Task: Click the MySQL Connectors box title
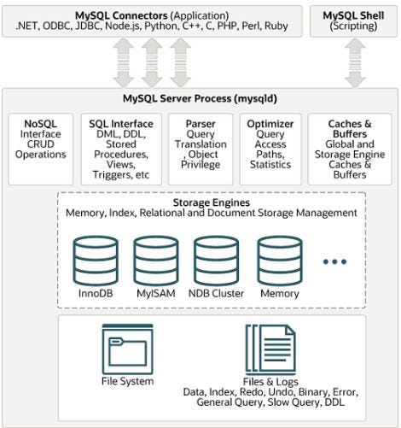coord(153,15)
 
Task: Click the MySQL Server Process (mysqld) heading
coord(199,97)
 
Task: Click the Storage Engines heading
coord(199,203)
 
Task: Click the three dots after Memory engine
coord(334,261)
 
